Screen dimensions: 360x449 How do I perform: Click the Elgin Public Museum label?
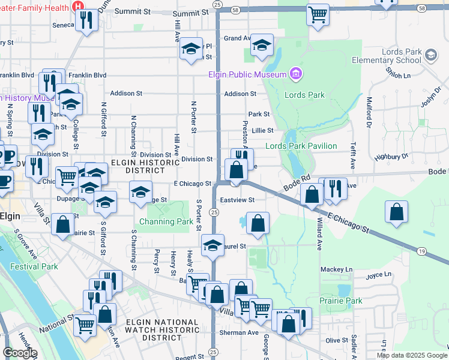tap(247, 74)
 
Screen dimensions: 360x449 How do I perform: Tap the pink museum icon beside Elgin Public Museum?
tap(295, 74)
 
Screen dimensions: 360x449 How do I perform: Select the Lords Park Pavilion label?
tap(301, 146)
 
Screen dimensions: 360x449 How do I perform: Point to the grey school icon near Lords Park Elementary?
tap(430, 56)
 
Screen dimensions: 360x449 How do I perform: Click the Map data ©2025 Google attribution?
tap(411, 355)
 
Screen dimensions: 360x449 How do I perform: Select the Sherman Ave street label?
tap(239, 332)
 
